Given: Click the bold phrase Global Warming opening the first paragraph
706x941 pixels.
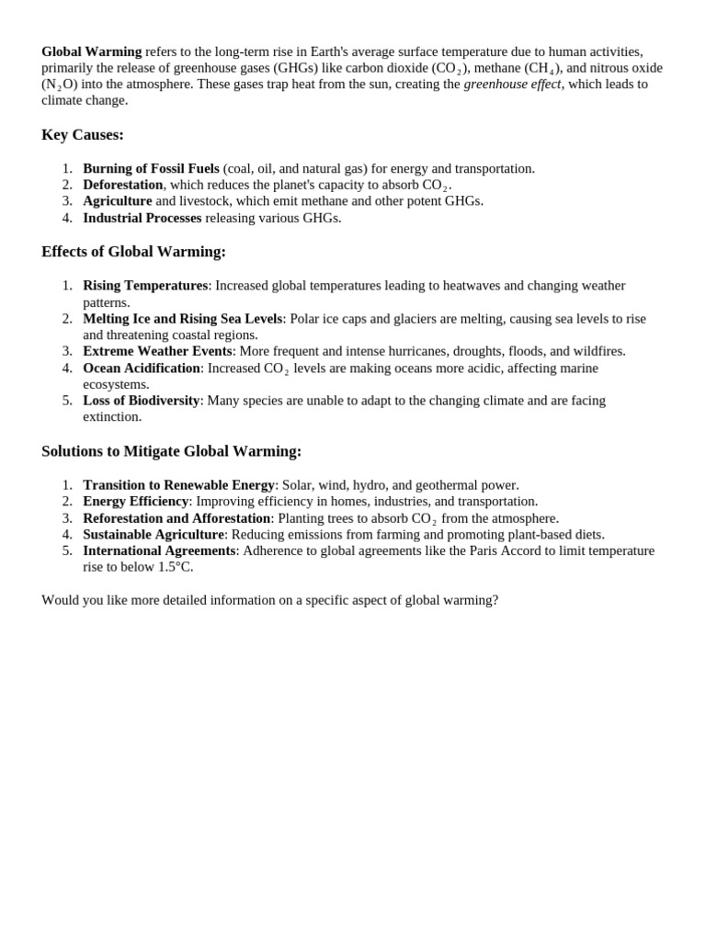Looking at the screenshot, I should click(91, 51).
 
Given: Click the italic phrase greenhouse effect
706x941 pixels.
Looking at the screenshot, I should click(512, 84).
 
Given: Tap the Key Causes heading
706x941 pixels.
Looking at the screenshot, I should click(83, 135).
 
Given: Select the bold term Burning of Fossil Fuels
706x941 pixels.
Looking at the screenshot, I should click(151, 168).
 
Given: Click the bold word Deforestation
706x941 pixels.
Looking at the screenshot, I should click(122, 185).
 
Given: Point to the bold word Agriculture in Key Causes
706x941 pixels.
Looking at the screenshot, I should click(117, 200).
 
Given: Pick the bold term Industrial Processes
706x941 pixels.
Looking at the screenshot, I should click(142, 218).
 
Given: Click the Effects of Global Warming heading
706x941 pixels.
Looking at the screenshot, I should click(133, 252).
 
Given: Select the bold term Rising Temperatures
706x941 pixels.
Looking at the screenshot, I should click(145, 286).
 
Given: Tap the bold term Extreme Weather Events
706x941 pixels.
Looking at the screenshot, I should click(157, 351).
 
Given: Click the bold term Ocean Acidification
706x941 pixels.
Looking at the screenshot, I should click(142, 368).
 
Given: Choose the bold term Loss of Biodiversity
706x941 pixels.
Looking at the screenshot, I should click(141, 401).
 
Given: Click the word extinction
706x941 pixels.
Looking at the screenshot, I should click(112, 416).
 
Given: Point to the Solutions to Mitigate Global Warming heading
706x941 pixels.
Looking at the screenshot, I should click(171, 451).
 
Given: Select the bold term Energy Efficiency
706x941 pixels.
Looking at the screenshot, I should click(135, 501).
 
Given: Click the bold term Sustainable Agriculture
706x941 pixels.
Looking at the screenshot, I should click(154, 534).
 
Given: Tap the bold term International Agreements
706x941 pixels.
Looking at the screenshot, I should click(159, 550).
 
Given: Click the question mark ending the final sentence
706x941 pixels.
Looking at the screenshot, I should click(495, 600).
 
